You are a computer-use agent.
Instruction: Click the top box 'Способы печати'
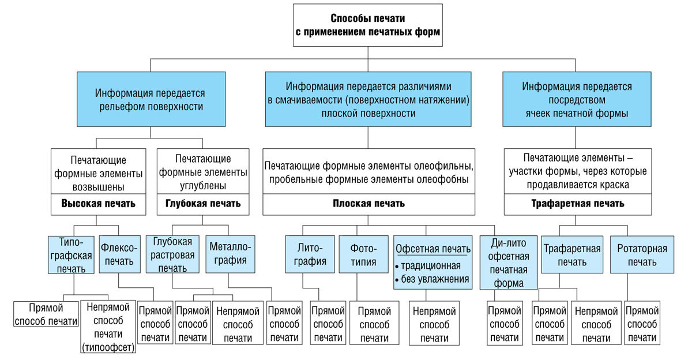click(368, 25)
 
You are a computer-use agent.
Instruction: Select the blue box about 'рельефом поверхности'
click(151, 99)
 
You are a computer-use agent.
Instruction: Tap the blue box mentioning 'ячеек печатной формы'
click(577, 99)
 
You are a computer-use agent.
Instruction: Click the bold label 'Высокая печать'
click(98, 204)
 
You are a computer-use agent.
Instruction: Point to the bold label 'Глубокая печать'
click(203, 204)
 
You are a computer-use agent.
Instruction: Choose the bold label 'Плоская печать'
click(368, 204)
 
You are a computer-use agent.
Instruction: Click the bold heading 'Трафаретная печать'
click(578, 204)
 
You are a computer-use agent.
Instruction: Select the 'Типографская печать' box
click(71, 255)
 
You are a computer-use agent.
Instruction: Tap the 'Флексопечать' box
click(119, 254)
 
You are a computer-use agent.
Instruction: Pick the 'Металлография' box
click(230, 254)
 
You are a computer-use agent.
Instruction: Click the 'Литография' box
click(310, 254)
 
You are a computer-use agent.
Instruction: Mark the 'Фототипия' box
click(363, 254)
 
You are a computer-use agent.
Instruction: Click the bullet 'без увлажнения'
click(432, 279)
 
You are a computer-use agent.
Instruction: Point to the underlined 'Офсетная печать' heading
click(433, 249)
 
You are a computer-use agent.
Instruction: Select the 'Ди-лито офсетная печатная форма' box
click(509, 263)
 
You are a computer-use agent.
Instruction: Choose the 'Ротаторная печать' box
click(642, 254)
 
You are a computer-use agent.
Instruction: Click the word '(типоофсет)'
click(108, 348)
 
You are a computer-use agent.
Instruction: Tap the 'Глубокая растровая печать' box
click(172, 254)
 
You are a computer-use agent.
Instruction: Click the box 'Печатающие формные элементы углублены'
click(203, 172)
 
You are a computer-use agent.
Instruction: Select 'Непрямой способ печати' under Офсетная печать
click(434, 323)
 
